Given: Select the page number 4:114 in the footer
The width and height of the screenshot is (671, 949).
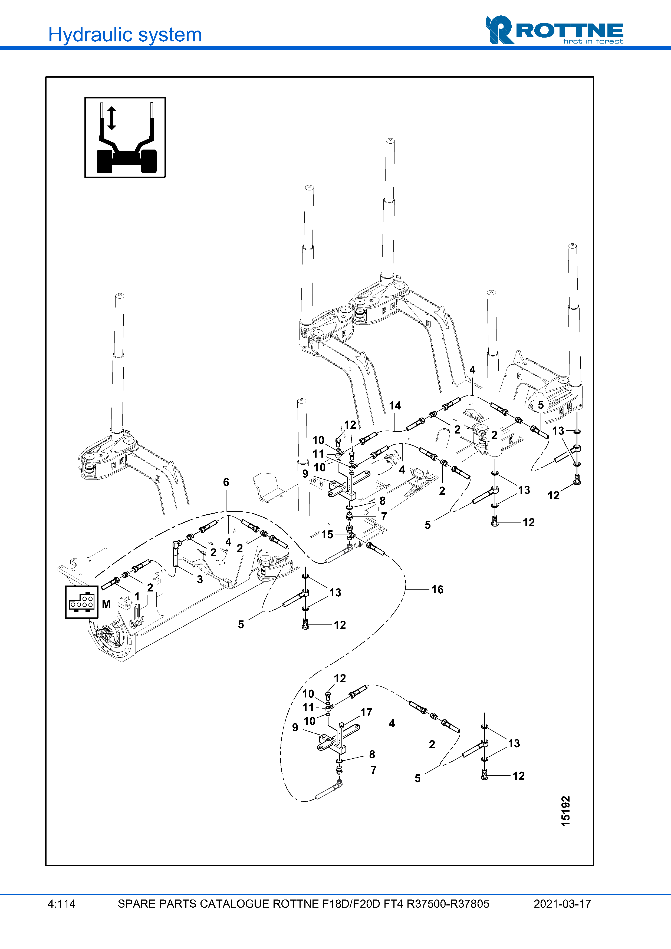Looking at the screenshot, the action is tap(62, 904).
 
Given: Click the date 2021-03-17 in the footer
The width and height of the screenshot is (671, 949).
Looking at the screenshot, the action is tap(562, 904).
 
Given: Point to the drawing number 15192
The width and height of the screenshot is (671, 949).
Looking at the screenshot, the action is tap(565, 811).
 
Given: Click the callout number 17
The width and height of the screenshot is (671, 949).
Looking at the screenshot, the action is tap(366, 712).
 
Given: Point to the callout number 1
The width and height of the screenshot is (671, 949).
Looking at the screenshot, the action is tap(137, 596).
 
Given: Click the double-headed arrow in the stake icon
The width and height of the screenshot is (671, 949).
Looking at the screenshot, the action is tap(112, 118).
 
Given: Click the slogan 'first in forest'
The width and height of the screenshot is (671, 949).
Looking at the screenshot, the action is tap(593, 41).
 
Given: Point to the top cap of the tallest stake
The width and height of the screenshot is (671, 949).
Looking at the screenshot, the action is tap(390, 141).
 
